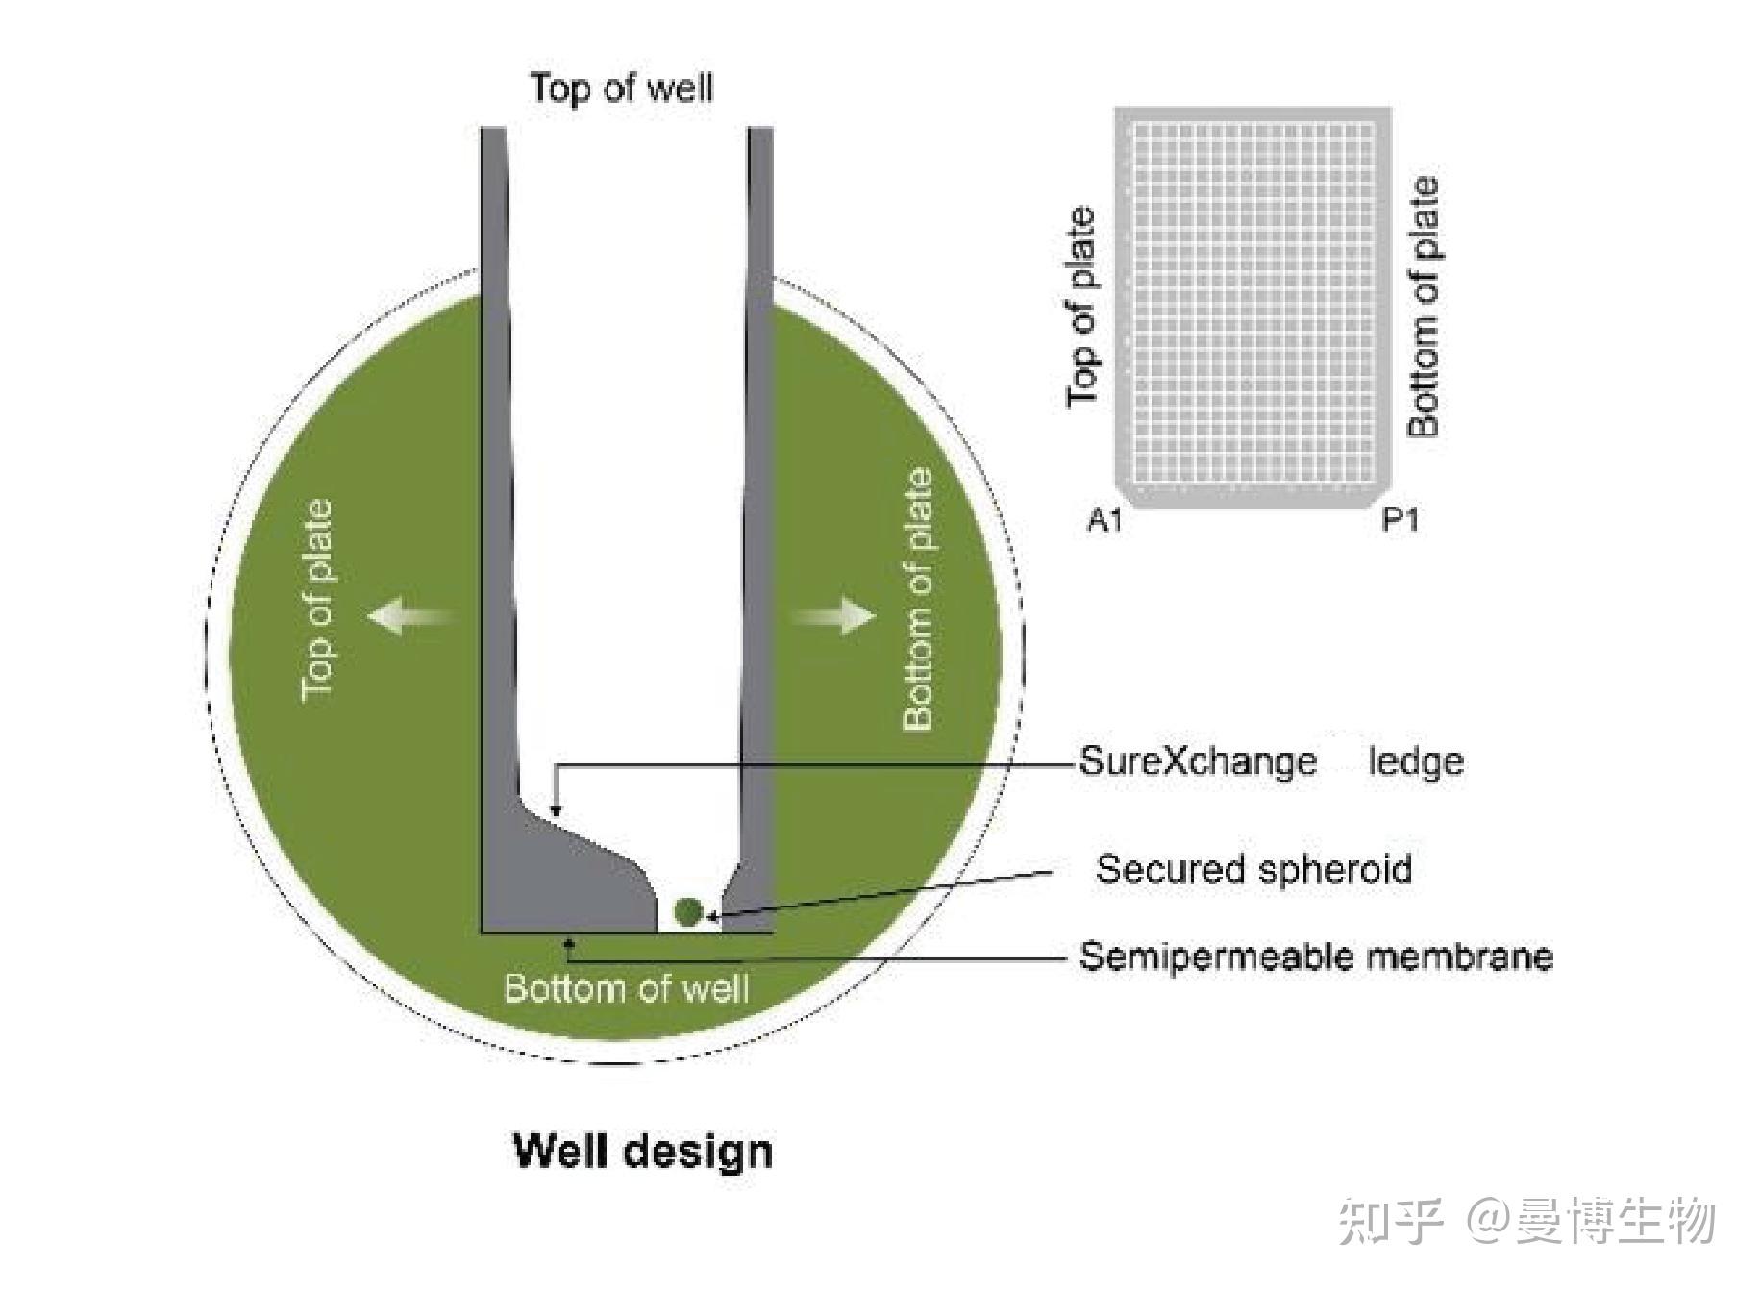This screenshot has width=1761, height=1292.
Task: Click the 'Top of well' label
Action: pos(622,88)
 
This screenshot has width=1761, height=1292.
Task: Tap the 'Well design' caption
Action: pos(642,1151)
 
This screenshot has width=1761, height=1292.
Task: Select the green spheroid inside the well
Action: pos(687,910)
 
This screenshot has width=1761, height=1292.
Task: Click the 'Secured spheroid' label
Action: pos(1253,869)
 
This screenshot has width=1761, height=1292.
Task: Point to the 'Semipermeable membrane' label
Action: pos(1315,957)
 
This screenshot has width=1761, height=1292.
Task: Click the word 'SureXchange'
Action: pos(1197,761)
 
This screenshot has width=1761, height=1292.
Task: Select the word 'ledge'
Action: pos(1416,761)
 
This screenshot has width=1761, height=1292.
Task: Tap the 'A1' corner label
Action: pos(1104,520)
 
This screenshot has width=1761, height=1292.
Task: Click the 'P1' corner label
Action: pos(1400,520)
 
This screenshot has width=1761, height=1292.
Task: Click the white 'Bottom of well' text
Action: pos(626,988)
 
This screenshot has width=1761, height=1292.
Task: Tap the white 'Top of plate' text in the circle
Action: pos(318,600)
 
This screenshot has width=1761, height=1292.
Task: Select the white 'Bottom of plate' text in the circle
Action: pos(918,600)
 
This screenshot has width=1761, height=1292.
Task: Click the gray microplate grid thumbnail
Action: pos(1253,306)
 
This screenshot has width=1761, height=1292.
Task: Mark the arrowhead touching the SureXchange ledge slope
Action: pos(556,811)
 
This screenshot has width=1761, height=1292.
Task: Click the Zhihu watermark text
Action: pos(1526,1221)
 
